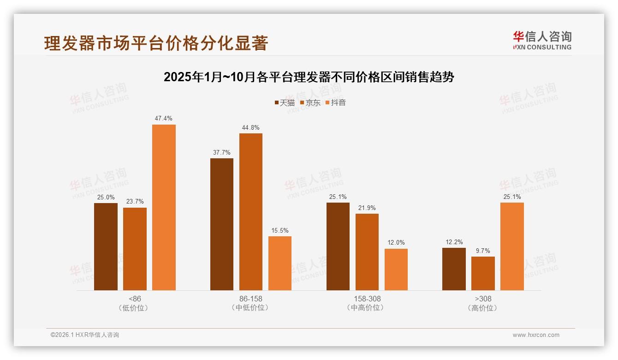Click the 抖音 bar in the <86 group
point(164,207)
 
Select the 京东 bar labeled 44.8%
point(250,212)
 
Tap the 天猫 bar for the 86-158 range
point(222,224)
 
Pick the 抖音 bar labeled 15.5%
point(280,263)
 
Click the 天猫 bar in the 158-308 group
point(338,246)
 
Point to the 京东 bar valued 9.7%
point(483,273)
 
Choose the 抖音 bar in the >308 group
point(512,246)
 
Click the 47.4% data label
point(164,119)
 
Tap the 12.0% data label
point(396,243)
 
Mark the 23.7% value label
point(135,202)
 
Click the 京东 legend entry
point(310,103)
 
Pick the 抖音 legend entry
point(335,103)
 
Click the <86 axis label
point(135,299)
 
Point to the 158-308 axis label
point(367,299)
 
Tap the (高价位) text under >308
point(483,308)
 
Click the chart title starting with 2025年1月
point(309,77)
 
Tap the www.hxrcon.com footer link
point(535,335)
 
